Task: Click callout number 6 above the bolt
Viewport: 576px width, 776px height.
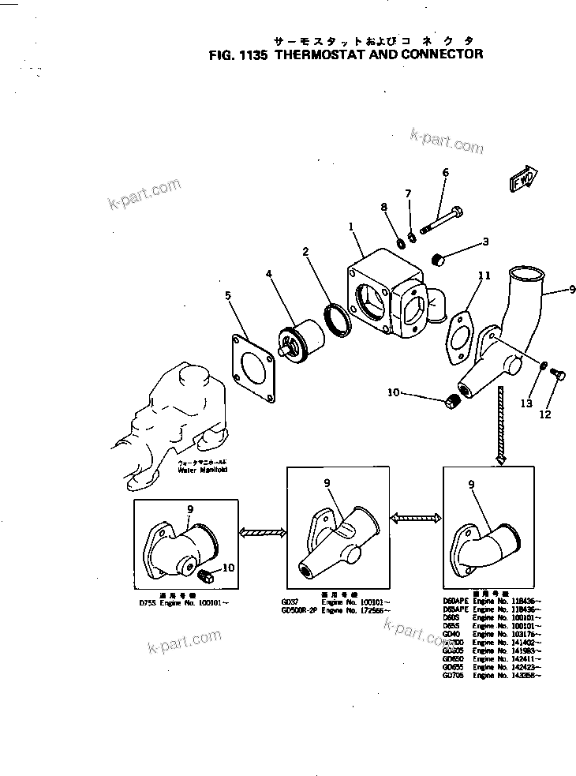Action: tap(445, 173)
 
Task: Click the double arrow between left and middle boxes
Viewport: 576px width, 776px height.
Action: tap(262, 534)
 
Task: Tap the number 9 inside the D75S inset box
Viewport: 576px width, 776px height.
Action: tap(190, 511)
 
